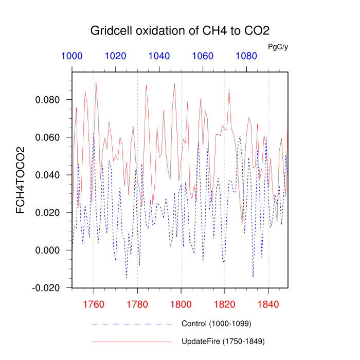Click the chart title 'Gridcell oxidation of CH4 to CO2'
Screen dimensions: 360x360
(179, 30)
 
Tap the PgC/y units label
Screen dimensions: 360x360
(278, 47)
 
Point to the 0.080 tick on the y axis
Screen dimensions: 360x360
(48, 100)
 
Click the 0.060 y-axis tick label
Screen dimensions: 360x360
(48, 137)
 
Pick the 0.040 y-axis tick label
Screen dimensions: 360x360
(48, 175)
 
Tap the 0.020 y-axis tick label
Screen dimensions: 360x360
(48, 212)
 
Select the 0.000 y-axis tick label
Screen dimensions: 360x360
(48, 250)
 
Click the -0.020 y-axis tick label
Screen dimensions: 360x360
(46, 287)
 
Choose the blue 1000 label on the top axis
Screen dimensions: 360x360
(72, 57)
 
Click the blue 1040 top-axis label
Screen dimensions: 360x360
(159, 57)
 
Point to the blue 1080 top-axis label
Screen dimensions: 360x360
(247, 57)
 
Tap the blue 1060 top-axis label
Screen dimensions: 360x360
(203, 57)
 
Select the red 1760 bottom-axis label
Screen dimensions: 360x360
(94, 303)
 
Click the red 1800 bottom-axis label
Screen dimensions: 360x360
(181, 303)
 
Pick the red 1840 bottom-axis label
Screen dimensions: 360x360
(268, 303)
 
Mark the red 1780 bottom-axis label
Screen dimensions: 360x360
(137, 303)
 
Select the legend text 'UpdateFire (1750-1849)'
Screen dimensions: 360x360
(223, 341)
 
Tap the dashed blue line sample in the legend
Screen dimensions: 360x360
(131, 324)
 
